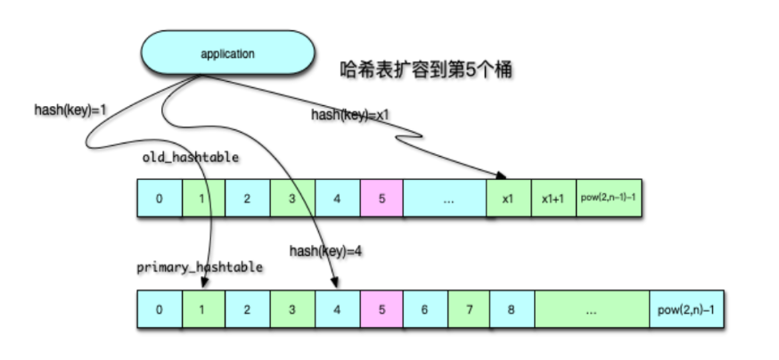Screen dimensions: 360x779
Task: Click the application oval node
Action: point(228,54)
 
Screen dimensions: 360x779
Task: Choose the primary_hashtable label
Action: point(200,267)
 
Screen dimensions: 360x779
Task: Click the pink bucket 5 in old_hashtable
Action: point(381,199)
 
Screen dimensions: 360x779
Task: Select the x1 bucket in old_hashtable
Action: point(509,199)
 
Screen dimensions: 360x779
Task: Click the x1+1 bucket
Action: point(553,199)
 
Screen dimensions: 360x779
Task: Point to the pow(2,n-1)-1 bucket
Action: point(608,199)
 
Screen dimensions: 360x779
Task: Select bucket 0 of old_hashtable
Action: point(160,199)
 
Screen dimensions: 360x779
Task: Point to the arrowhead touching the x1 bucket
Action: point(503,176)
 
